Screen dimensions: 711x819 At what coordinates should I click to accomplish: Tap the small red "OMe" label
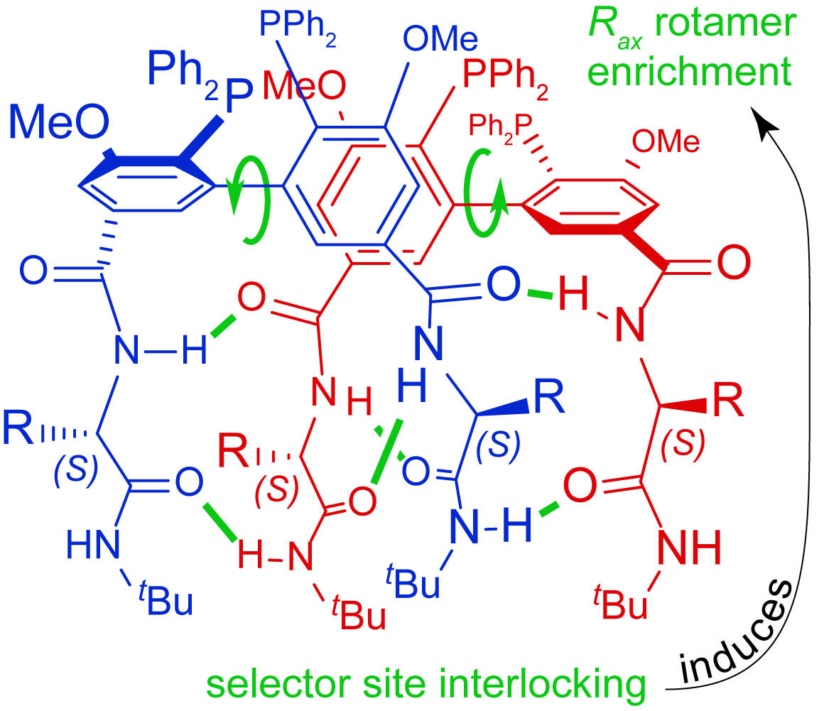click(665, 143)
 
